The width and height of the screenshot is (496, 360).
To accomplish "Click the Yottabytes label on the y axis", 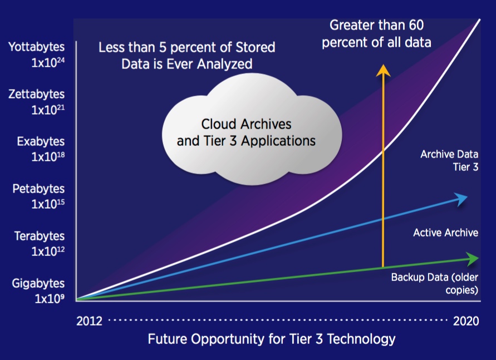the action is point(36,47).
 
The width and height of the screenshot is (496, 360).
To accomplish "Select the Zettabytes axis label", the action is point(36,94).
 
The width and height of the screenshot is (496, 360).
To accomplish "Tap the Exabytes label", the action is point(41,141).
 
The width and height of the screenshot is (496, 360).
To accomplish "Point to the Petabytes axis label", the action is point(38,189).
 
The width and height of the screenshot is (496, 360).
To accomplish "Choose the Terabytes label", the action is point(40,236).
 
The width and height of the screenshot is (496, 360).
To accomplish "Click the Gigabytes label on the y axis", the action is point(38,283).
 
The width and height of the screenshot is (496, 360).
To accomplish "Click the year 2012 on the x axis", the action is point(89,321).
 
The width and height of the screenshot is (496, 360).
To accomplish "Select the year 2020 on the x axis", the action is point(466,321).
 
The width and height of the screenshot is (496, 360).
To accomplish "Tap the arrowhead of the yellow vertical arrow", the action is point(383,71).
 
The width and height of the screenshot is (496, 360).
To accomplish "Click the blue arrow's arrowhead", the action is point(461,199).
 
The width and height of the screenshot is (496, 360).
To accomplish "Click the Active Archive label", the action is point(446,233).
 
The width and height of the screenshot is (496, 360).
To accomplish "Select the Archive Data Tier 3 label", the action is point(449,161).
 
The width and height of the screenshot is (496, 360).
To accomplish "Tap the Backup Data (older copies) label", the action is point(435,284).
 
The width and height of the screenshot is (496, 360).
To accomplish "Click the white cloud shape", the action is point(252,129).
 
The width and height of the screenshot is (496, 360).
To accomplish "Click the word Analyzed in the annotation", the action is point(225,64).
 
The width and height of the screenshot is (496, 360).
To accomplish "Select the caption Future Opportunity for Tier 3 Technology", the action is point(272,339).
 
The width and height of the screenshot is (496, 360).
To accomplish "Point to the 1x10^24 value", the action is point(48,62).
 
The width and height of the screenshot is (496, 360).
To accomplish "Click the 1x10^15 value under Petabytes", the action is point(48,204).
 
